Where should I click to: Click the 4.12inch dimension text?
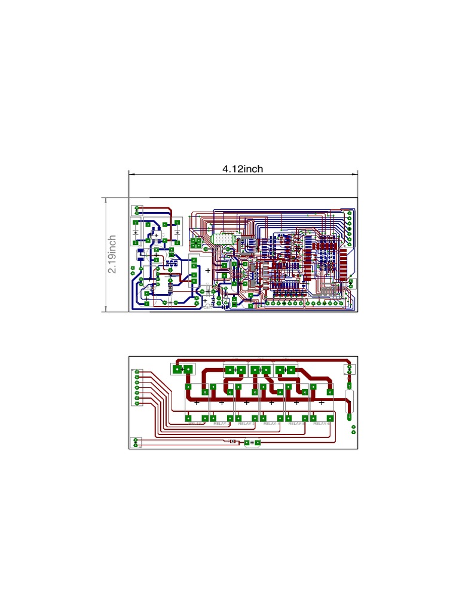tap(243, 169)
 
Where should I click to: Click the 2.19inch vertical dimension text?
tap(112, 255)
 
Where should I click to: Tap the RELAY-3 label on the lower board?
tap(246, 423)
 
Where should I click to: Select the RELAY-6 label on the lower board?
tap(322, 423)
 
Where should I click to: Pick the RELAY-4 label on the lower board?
tap(271, 423)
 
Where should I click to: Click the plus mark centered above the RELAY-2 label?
tap(221, 403)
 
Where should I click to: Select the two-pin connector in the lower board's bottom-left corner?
tap(136, 442)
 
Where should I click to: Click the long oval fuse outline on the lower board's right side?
tap(350, 401)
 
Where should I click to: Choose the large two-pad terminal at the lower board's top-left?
tap(182, 370)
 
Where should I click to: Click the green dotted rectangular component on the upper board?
tap(222, 238)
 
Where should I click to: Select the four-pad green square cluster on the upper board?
tap(195, 243)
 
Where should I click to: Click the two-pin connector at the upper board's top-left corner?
tap(137, 209)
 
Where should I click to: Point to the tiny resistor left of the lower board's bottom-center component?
tap(233, 442)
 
